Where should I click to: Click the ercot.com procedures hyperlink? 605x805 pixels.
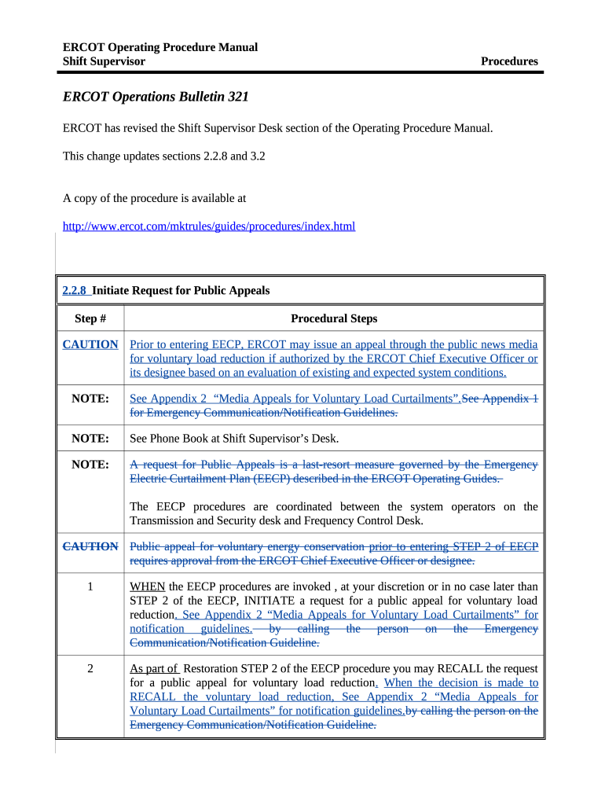pyautogui.click(x=209, y=226)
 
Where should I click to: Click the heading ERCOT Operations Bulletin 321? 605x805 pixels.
pyautogui.click(x=156, y=97)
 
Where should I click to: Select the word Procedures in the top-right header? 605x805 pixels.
pyautogui.click(x=509, y=61)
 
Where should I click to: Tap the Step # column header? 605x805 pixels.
pyautogui.click(x=90, y=318)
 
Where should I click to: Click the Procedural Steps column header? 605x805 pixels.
pyautogui.click(x=334, y=318)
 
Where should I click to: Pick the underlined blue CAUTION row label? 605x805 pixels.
pyautogui.click(x=90, y=344)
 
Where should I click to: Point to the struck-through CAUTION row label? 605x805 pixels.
pyautogui.click(x=90, y=546)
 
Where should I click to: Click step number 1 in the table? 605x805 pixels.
pyautogui.click(x=90, y=586)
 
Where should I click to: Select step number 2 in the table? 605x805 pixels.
pyautogui.click(x=90, y=669)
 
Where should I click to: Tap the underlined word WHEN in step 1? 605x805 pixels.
pyautogui.click(x=147, y=586)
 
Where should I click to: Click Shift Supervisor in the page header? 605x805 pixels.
pyautogui.click(x=104, y=61)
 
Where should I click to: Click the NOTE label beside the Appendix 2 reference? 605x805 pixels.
pyautogui.click(x=90, y=399)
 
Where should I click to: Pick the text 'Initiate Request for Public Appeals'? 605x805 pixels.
pyautogui.click(x=181, y=291)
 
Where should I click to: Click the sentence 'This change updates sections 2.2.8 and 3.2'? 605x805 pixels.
pyautogui.click(x=163, y=156)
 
